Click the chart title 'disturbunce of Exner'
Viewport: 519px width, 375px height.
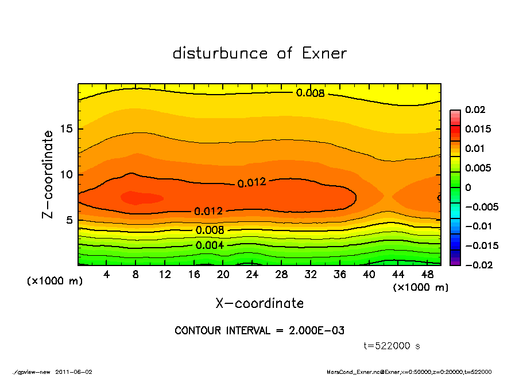point(259,53)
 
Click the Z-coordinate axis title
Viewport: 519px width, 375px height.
point(48,174)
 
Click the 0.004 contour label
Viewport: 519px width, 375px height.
point(210,245)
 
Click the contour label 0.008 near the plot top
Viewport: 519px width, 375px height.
point(311,93)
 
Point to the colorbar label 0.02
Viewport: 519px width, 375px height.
point(475,110)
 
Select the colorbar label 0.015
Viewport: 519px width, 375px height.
point(478,129)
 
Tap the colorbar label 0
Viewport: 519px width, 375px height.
point(468,187)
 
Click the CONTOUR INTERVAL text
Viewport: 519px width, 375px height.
point(259,331)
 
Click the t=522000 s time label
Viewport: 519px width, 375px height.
point(392,346)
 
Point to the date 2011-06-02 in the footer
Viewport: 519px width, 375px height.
point(74,372)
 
